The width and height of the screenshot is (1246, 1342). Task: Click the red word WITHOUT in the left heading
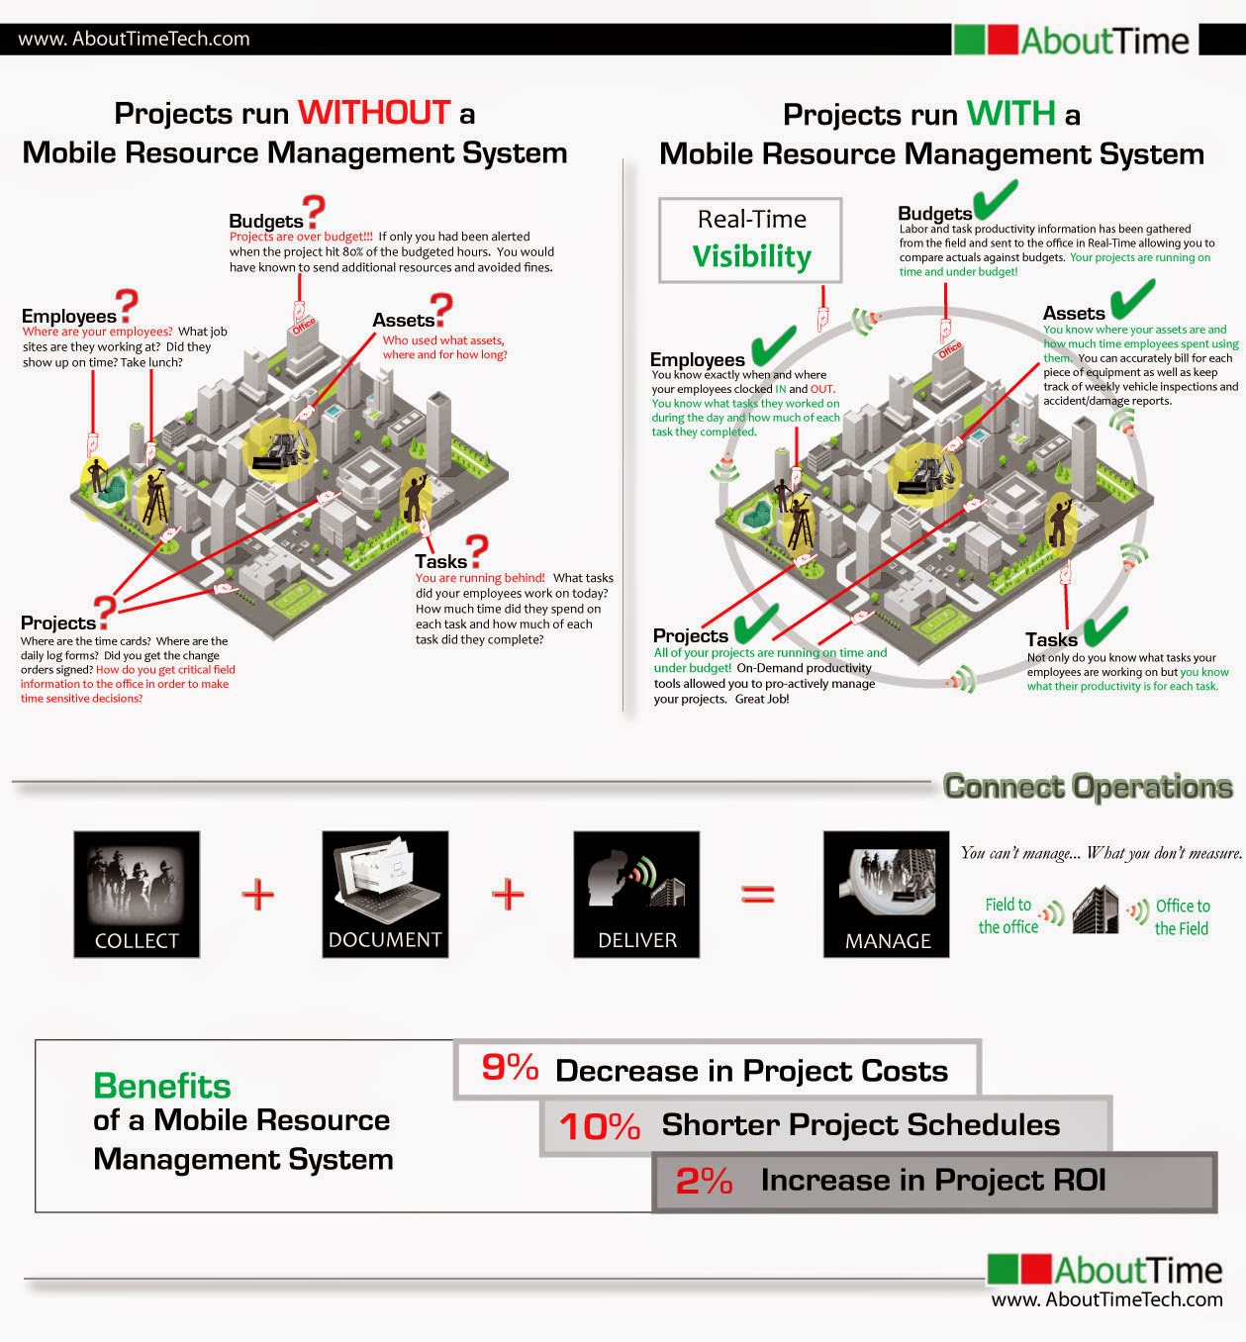pyautogui.click(x=374, y=113)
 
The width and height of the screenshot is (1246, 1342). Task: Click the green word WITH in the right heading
pyautogui.click(x=1010, y=114)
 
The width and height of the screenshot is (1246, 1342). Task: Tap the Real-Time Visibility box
pyautogui.click(x=751, y=240)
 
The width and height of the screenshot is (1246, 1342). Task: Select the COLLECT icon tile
pyautogui.click(x=137, y=894)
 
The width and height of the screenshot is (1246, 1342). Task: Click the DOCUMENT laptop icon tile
pyautogui.click(x=385, y=894)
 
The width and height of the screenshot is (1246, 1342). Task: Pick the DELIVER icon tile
pyautogui.click(x=636, y=894)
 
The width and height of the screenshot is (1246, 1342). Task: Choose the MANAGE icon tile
pyautogui.click(x=886, y=894)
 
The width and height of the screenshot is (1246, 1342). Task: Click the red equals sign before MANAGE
pyautogui.click(x=758, y=895)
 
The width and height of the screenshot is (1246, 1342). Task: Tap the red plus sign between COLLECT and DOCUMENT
pyautogui.click(x=258, y=895)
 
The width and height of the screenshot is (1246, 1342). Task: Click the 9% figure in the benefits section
pyautogui.click(x=510, y=1068)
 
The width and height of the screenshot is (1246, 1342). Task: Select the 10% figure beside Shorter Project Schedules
pyautogui.click(x=599, y=1126)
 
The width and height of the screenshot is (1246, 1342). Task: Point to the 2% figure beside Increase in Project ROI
pyautogui.click(x=704, y=1181)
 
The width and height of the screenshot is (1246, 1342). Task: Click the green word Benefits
pyautogui.click(x=162, y=1087)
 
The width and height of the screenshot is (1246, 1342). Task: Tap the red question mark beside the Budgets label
pyautogui.click(x=315, y=212)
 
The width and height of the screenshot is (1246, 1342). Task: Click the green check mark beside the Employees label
pyautogui.click(x=773, y=345)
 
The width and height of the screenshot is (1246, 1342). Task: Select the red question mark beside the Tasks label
pyautogui.click(x=478, y=550)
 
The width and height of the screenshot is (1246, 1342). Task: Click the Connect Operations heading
pyautogui.click(x=1088, y=787)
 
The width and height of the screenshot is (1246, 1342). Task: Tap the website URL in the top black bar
pyautogui.click(x=135, y=39)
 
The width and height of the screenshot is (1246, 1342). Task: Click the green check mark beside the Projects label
pyautogui.click(x=755, y=623)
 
